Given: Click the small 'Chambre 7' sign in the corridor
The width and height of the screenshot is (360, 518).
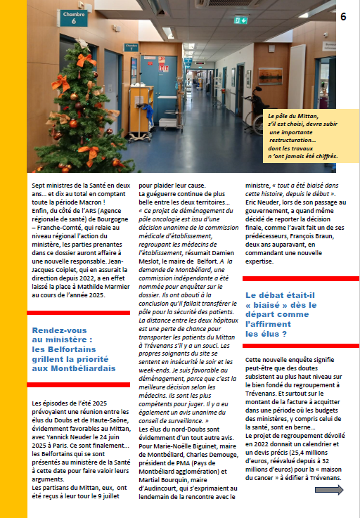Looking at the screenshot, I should pyautogui.click(x=131, y=48).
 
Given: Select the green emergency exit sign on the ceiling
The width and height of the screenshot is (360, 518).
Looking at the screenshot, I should pyautogui.click(x=241, y=20).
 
